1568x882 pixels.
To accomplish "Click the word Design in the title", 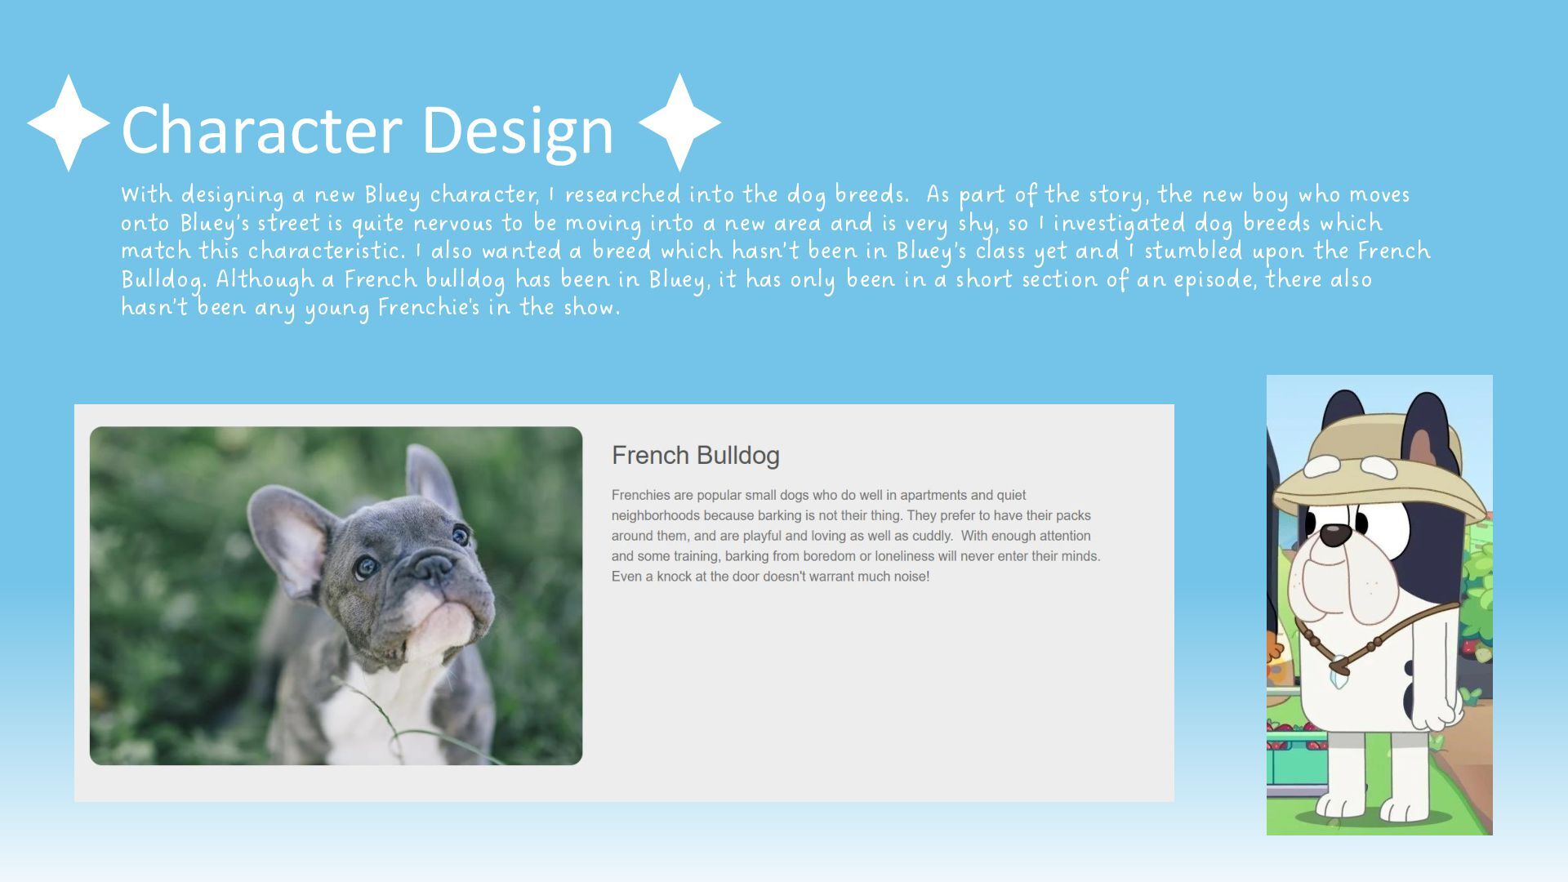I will pos(518,131).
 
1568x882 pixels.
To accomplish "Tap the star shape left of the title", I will pos(69,123).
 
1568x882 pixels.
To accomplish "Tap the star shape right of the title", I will pos(679,122).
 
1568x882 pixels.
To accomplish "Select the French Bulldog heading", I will pos(695,456).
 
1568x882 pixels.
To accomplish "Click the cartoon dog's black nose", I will pos(1336,535).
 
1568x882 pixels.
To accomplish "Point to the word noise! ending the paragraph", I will pos(911,577).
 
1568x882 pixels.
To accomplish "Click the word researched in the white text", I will pos(622,195).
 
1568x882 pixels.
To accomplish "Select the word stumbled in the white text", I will pos(1193,252).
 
